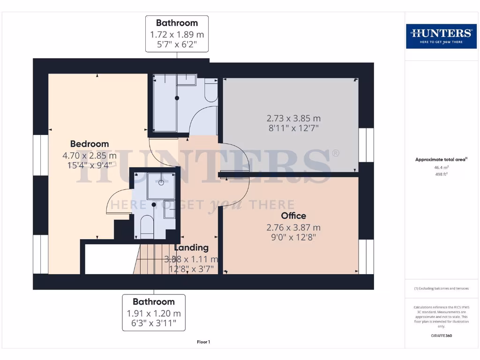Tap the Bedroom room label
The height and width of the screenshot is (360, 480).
pos(90,144)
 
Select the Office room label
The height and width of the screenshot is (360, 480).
pos(293,216)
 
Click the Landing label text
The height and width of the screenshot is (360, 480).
pos(191,247)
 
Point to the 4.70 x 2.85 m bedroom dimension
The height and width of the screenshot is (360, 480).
pos(90,155)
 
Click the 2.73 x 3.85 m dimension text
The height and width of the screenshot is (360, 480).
pos(293,118)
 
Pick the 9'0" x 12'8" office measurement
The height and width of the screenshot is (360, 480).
pos(293,237)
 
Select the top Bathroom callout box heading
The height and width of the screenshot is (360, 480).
pos(177,23)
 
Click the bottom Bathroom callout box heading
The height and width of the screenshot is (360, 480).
pos(153,302)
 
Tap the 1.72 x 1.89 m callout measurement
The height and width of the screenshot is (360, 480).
pos(177,35)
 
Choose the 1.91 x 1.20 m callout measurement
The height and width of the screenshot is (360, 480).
pos(153,314)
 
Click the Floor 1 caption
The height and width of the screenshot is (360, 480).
pos(203,342)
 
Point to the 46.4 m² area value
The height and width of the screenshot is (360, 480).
pos(441,167)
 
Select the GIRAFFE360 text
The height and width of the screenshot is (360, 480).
pos(441,336)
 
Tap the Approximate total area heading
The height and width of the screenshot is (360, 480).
pos(441,159)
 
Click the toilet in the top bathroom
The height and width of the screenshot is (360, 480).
pos(211,91)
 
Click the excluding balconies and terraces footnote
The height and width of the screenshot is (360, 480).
pos(441,288)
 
